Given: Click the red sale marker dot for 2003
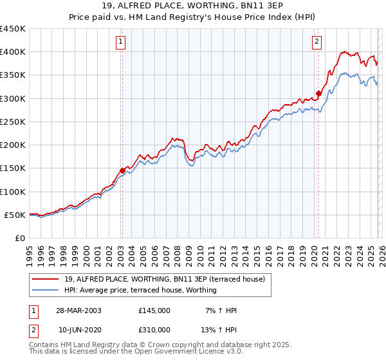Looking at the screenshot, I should click(x=122, y=170).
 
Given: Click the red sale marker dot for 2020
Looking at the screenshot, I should click(x=318, y=94).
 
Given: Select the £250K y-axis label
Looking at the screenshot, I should click(x=13, y=122).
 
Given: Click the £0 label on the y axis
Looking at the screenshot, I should click(x=19, y=238).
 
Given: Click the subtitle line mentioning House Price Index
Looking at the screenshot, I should click(x=192, y=18).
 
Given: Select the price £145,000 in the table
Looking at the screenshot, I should click(x=154, y=310).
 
